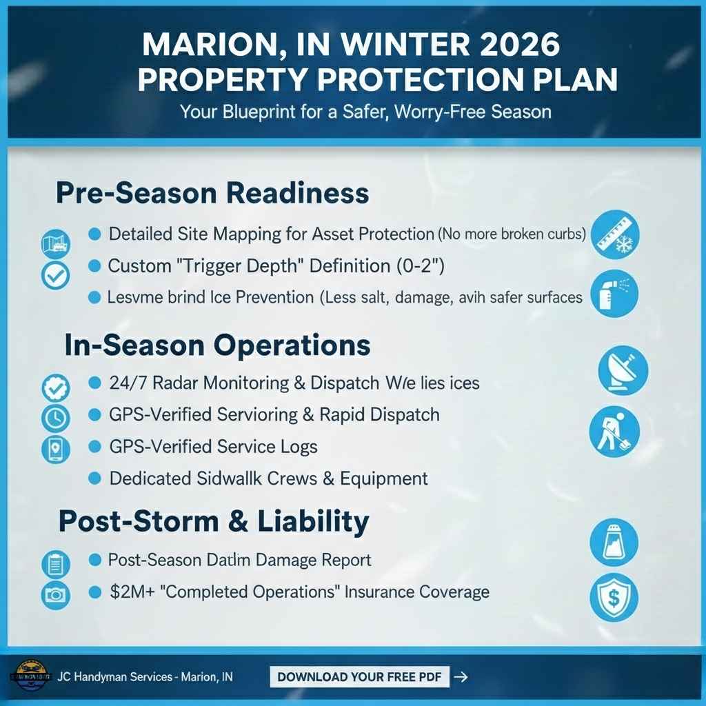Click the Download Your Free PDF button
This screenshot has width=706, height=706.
tap(359, 676)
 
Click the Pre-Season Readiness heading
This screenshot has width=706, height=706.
tap(212, 192)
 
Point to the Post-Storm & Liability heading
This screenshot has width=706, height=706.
tap(214, 521)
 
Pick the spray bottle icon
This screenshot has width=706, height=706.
tap(614, 294)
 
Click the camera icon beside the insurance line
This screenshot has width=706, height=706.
tap(55, 594)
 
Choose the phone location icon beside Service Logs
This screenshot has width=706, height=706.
tap(56, 449)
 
